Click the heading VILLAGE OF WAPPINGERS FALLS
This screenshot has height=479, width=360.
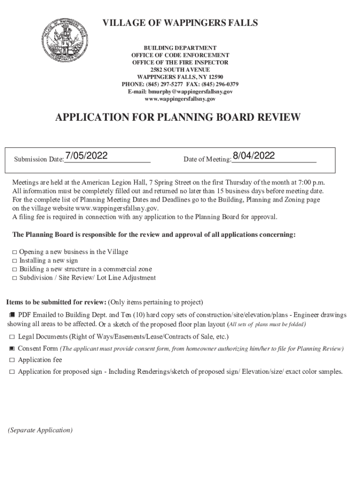point(180,23)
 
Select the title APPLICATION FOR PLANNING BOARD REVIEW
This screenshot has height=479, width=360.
point(178,117)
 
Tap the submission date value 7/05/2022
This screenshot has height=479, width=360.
point(87,156)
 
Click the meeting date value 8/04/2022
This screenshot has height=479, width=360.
point(253,156)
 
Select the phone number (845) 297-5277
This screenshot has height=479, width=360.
point(160,84)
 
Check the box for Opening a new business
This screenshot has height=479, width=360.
point(15,252)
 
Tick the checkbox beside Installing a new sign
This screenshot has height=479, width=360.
point(15,261)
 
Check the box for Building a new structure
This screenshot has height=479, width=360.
point(15,269)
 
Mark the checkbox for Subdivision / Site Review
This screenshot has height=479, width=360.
point(15,278)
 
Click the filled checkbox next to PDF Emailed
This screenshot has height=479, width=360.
point(12,315)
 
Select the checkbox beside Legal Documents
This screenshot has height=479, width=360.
point(12,337)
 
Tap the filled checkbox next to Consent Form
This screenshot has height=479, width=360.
point(12,349)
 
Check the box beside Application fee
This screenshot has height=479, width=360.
point(12,360)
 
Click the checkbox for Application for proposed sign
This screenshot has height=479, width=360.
point(12,372)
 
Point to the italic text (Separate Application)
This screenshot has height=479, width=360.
point(40,430)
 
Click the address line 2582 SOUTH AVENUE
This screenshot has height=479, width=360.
point(180,70)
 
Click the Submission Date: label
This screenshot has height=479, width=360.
point(39,160)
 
